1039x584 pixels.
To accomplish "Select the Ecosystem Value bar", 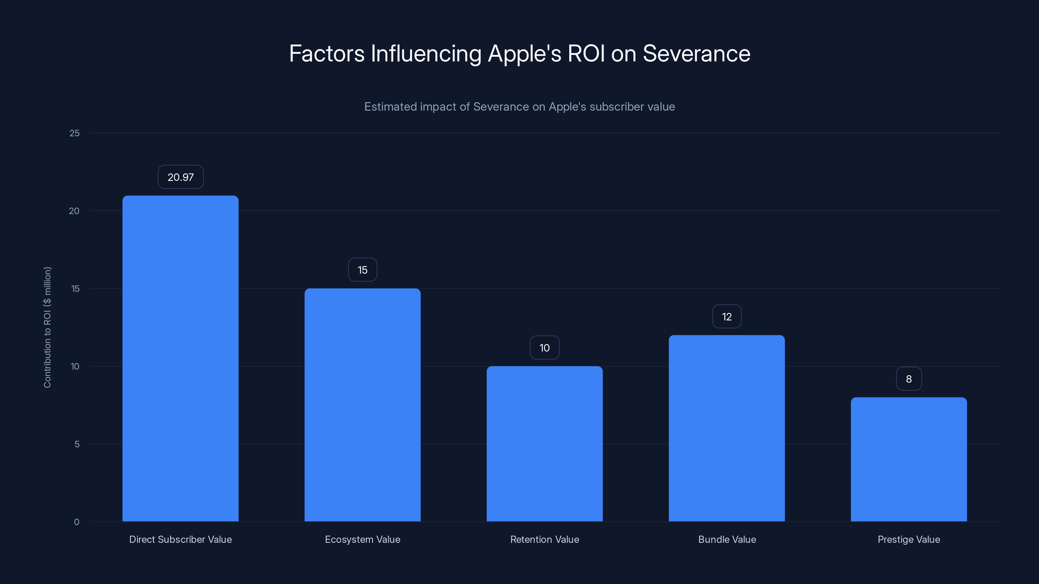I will tap(362, 405).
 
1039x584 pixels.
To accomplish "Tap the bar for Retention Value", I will tap(545, 443).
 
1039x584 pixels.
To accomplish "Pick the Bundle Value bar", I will tap(726, 428).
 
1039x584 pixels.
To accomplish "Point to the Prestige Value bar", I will tap(909, 459).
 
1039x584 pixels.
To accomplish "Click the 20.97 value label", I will tap(180, 177).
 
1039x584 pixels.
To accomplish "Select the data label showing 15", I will tap(362, 270).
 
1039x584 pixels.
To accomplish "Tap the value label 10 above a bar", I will tap(545, 347).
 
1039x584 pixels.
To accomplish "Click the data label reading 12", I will tap(726, 316).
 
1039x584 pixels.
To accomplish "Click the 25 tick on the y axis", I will tap(75, 133).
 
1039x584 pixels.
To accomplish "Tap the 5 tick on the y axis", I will tap(77, 444).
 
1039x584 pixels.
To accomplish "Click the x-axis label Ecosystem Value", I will tap(362, 539).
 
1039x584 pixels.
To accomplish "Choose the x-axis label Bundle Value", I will tap(727, 539).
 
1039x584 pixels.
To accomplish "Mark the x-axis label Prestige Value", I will tap(909, 539).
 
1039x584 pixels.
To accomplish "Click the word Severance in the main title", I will tap(696, 54).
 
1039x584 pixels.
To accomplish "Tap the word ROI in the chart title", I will tap(586, 54).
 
